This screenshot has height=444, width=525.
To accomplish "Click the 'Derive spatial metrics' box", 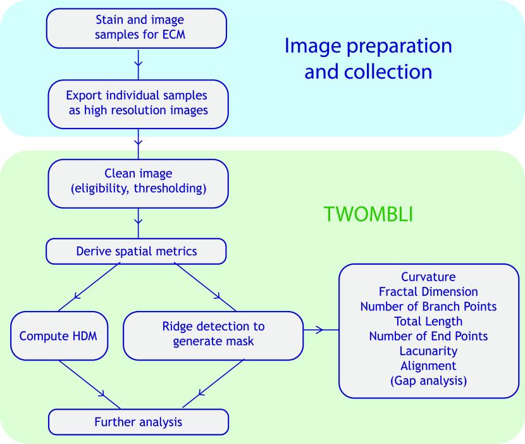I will click(137, 252).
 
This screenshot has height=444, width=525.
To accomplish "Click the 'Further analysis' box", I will click(137, 422).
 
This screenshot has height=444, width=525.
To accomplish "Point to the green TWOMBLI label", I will click(368, 215).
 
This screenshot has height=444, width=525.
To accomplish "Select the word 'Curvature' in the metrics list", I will click(428, 278).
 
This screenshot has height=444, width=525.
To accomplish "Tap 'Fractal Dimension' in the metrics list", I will click(428, 292).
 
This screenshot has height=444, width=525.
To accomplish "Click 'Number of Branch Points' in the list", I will click(428, 307).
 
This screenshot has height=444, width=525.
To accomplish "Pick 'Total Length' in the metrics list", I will click(428, 321).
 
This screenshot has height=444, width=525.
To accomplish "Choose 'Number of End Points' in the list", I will click(428, 336).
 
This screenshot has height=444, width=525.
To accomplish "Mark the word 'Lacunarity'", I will click(428, 350).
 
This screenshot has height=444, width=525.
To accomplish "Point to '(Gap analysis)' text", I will click(428, 380).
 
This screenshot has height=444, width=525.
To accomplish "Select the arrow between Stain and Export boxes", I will click(138, 63).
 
